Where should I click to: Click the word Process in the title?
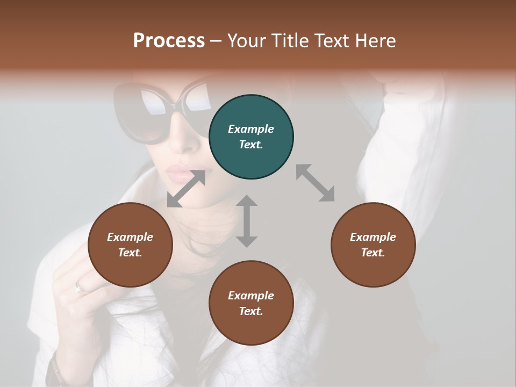[x=169, y=41]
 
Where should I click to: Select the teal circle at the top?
[x=251, y=137]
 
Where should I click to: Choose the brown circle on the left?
[x=130, y=245]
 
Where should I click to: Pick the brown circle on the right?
[x=373, y=245]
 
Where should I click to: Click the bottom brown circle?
[x=251, y=303]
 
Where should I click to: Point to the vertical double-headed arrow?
[x=247, y=221]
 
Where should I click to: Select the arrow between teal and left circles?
[x=187, y=189]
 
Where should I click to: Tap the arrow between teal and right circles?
[x=315, y=183]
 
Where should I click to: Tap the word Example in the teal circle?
[x=251, y=129]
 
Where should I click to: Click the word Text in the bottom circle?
[x=250, y=311]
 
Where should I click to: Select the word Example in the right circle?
[x=373, y=237]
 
